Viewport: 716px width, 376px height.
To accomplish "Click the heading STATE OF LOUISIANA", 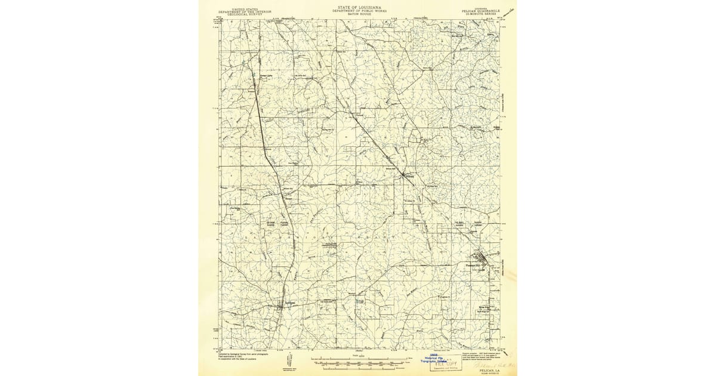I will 358,4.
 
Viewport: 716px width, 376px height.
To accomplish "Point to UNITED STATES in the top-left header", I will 244,9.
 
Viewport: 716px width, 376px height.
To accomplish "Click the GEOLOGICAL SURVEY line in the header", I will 244,15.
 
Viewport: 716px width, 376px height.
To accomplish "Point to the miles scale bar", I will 357,360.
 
